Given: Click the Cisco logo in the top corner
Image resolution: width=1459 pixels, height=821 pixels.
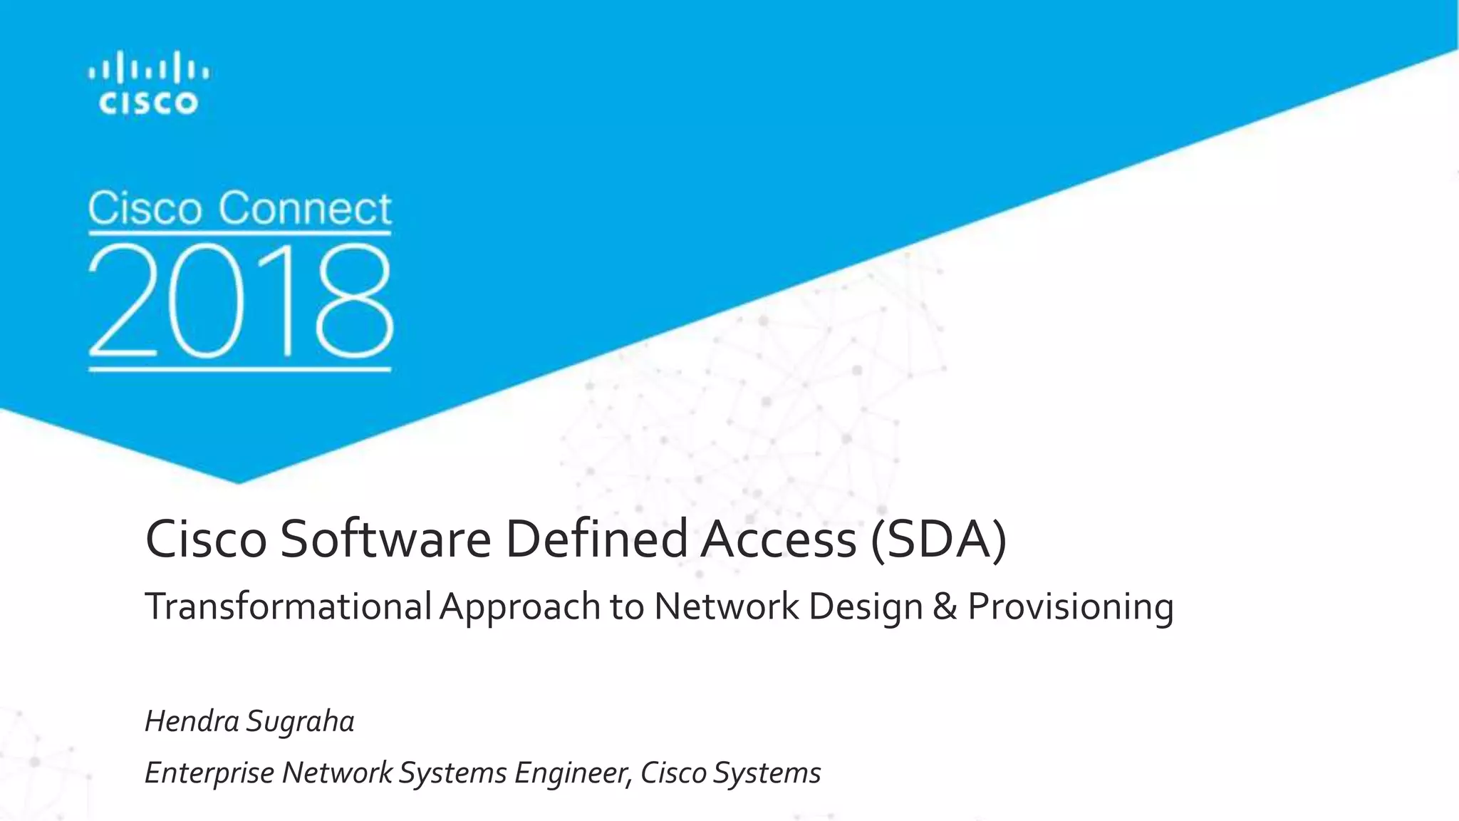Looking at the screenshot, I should point(148,83).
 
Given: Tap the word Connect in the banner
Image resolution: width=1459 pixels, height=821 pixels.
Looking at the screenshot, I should point(304,208).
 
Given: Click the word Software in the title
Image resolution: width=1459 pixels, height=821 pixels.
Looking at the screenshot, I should point(385,539).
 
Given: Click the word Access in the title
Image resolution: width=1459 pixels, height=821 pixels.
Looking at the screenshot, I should point(778,539).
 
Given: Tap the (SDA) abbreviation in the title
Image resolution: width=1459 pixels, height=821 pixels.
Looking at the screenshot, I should point(938,539).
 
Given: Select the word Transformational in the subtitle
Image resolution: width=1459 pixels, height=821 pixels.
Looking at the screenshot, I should point(288,606).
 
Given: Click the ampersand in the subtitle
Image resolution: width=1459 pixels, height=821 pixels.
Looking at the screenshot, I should point(945,606).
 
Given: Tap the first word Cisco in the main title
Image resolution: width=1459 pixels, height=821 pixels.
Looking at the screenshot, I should point(206,539).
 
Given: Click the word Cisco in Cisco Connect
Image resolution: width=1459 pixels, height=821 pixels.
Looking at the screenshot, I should point(145,208).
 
